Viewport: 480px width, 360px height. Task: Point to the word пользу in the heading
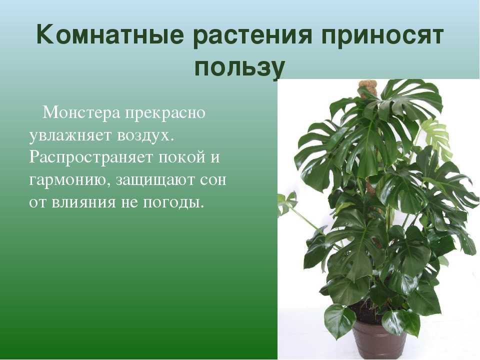click(239, 68)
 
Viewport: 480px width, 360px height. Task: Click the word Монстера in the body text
click(81, 112)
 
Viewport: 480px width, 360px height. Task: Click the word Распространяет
click(91, 158)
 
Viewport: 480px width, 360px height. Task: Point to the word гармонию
click(70, 180)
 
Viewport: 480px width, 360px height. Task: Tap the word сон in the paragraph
click(213, 180)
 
